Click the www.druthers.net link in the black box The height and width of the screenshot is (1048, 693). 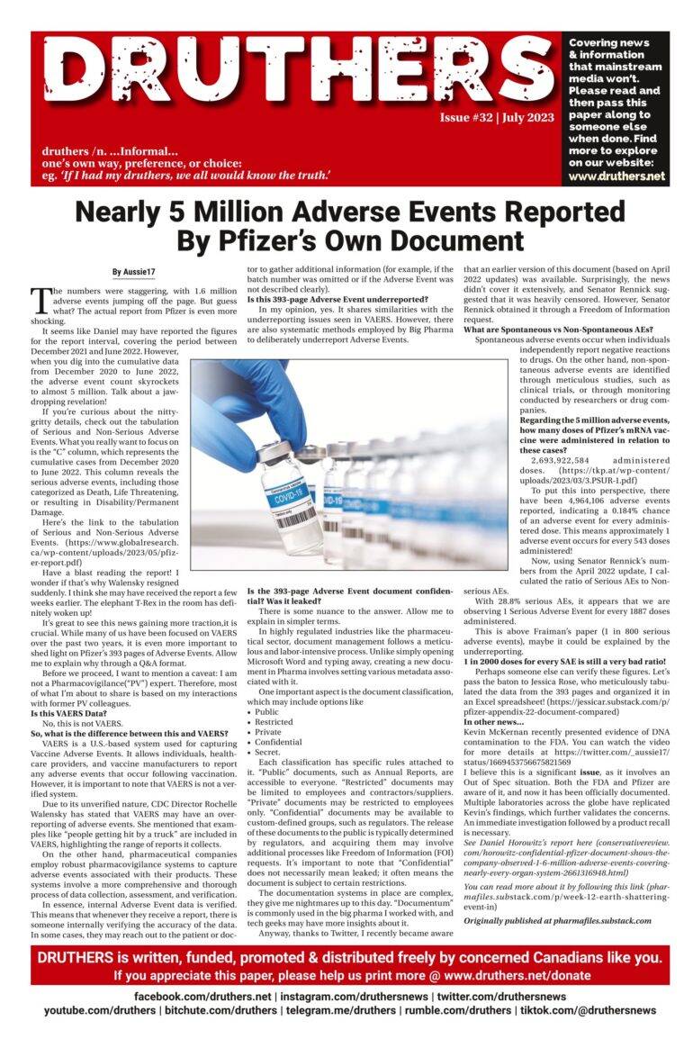click(616, 176)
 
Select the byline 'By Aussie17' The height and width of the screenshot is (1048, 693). click(133, 271)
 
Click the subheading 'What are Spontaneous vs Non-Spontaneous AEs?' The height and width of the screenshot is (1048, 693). click(558, 330)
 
